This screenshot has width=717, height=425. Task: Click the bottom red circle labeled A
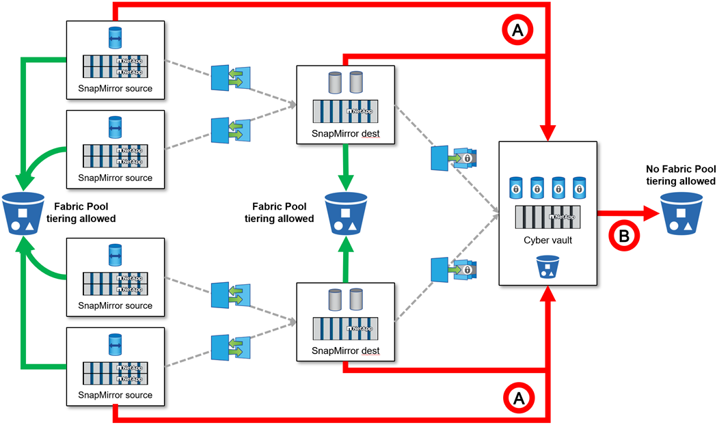click(517, 395)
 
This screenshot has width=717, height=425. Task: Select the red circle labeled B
click(624, 235)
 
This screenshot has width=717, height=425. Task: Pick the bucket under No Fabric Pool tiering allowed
click(680, 212)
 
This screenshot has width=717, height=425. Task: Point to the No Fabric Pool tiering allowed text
click(680, 175)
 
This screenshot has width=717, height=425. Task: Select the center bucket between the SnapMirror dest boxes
click(344, 212)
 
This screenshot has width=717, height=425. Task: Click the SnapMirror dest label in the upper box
click(345, 133)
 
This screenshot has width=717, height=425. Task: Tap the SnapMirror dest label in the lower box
click(345, 351)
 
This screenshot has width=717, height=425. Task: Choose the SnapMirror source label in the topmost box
click(116, 88)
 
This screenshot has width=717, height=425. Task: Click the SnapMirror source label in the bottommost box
click(116, 395)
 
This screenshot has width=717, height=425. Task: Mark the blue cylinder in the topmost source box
click(116, 38)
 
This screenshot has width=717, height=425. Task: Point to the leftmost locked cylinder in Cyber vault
click(517, 187)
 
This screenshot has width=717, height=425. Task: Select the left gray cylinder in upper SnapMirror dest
click(335, 83)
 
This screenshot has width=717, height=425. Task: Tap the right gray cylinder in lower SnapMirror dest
click(356, 300)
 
